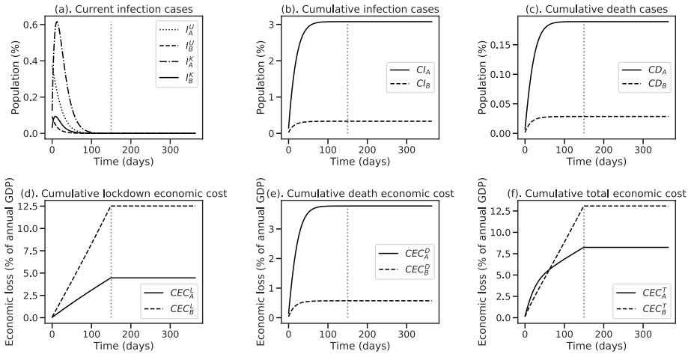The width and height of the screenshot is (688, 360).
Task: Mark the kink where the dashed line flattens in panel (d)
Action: tap(111, 206)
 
